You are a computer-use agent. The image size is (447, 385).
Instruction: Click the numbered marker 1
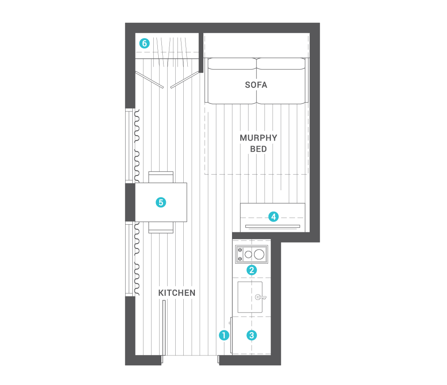(224, 335)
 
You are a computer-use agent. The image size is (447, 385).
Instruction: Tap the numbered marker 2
(252, 270)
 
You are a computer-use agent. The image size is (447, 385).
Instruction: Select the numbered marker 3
(252, 335)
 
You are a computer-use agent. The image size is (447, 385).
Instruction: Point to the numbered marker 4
(274, 217)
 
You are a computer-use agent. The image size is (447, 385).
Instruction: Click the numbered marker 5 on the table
(161, 202)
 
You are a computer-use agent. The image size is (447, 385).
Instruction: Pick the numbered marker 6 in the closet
(144, 43)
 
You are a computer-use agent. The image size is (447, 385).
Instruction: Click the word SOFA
(256, 85)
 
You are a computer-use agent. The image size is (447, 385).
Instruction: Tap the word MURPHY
(258, 138)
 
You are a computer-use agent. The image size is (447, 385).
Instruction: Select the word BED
(258, 149)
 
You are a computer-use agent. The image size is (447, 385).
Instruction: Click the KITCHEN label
(177, 293)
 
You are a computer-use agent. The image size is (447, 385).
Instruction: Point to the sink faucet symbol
(260, 297)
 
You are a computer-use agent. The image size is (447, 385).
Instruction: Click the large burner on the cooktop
(259, 255)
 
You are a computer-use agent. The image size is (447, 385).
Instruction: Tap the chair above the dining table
(160, 177)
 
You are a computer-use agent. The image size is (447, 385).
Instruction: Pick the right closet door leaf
(184, 80)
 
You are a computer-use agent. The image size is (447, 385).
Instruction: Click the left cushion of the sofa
(232, 81)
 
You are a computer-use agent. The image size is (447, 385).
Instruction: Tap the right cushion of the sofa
(283, 81)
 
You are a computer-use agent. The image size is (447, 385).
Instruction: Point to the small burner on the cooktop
(248, 255)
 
